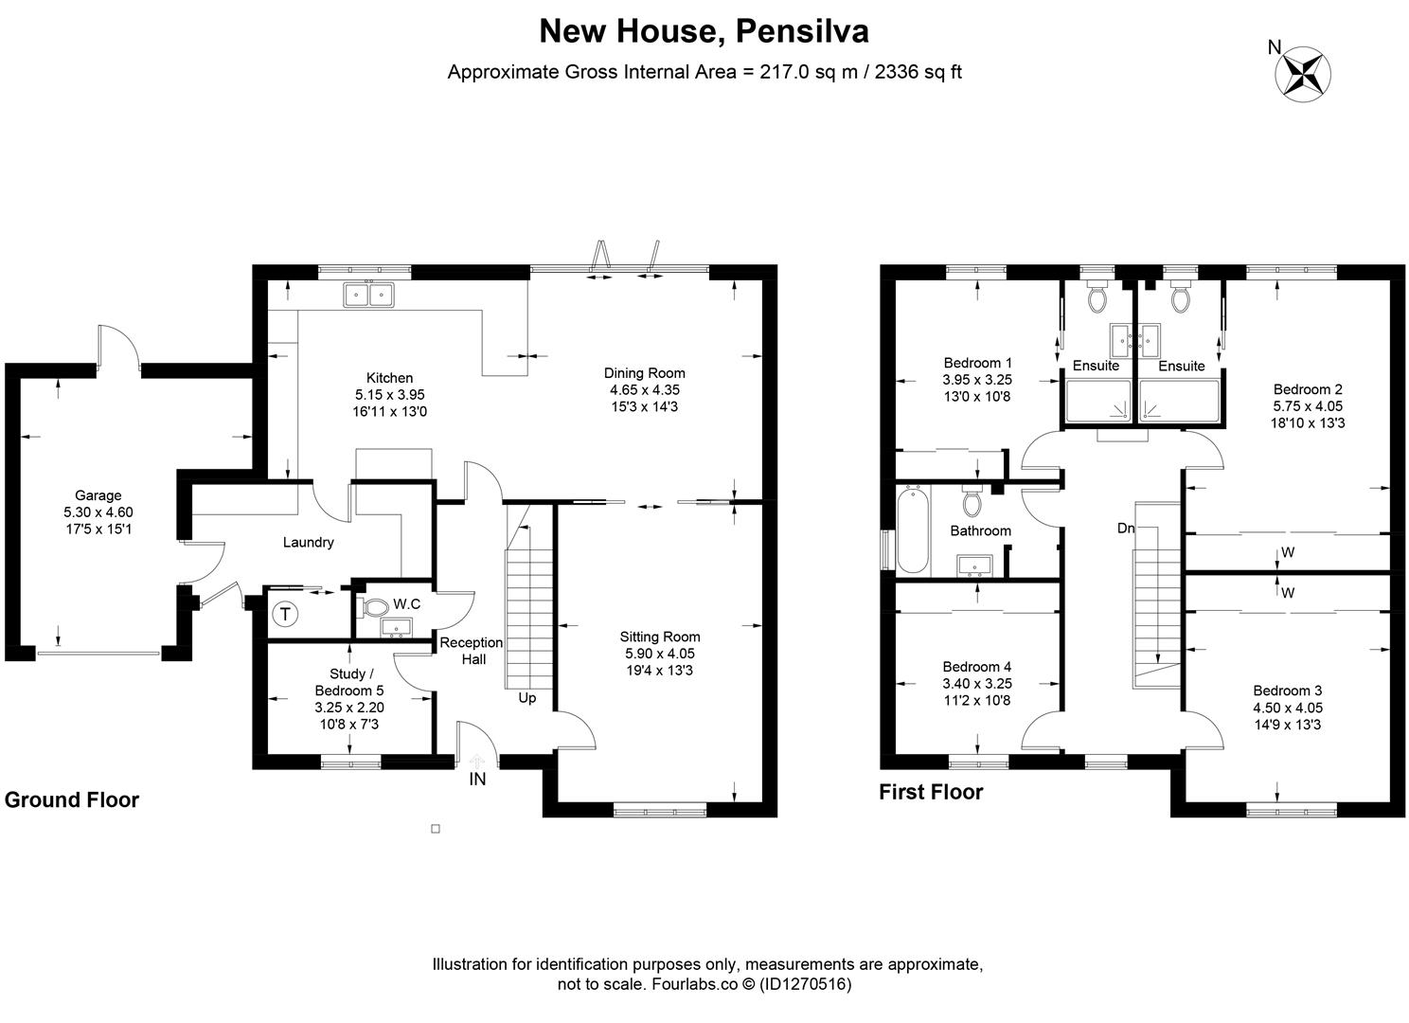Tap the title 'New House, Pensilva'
coord(704,31)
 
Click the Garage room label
coord(98,495)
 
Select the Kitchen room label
coord(389,378)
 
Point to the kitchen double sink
coord(369,296)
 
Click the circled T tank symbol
coord(284,614)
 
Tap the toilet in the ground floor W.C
coord(375,606)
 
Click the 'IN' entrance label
coord(478,780)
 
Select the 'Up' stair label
coord(527,698)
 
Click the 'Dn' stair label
coord(1125,529)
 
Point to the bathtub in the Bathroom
coord(912,530)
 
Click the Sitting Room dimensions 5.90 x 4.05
coord(660,654)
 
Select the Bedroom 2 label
coord(1308,389)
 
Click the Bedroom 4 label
coord(977,667)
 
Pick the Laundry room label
coord(308,543)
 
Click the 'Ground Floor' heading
coord(72,800)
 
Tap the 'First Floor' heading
coord(931,792)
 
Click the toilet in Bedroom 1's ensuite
coord(1098,299)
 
